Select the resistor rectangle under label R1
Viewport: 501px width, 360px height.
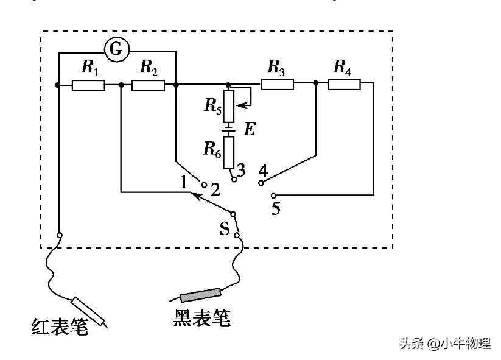tap(88, 85)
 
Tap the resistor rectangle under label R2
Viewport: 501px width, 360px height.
tap(149, 85)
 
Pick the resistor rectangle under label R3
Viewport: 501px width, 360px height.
tap(277, 84)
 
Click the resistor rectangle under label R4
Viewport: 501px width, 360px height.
tap(344, 84)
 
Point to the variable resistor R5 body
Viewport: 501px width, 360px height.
tap(228, 106)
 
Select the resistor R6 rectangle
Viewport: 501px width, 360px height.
tap(228, 152)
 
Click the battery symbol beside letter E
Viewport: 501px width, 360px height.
tap(228, 129)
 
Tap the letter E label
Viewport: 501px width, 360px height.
tap(250, 130)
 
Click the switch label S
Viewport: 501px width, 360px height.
tap(225, 228)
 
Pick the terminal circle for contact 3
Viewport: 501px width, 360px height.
tap(234, 180)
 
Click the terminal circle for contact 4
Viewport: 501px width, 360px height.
tap(261, 183)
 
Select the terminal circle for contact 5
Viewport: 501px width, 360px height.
tap(273, 196)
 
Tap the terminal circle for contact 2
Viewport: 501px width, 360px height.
tap(205, 185)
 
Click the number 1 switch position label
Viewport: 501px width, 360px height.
tap(183, 182)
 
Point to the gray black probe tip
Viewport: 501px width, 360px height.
tap(201, 295)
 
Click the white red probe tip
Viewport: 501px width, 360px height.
tap(88, 311)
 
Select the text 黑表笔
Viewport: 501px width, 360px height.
tap(201, 318)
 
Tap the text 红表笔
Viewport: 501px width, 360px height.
tap(60, 326)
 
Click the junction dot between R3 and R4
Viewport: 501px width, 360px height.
tap(316, 83)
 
